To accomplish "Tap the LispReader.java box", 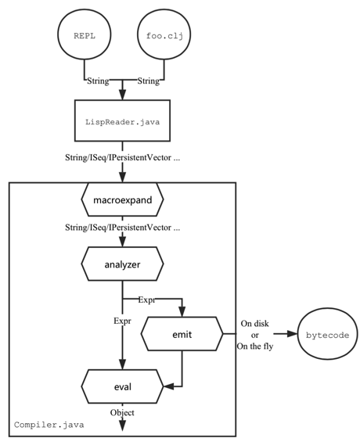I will (x=122, y=122).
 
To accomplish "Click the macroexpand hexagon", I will (x=122, y=200).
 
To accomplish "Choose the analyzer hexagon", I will (x=122, y=264).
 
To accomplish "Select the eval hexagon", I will (x=122, y=385).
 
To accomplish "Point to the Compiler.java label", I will (x=49, y=425).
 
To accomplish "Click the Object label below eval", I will (x=122, y=412).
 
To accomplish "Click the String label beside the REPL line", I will (x=98, y=81).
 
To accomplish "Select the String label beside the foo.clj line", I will (x=149, y=81).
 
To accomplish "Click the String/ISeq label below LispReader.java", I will (x=122, y=159).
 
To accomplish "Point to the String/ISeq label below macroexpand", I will (x=122, y=229).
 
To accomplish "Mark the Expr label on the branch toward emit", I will (x=146, y=300).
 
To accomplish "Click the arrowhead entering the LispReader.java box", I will (x=122, y=95).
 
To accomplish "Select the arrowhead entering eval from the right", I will (x=167, y=385).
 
